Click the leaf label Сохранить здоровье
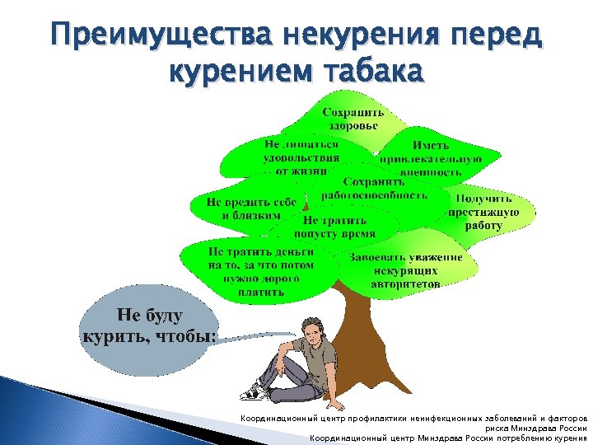click(350, 119)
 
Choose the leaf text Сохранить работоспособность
click(374, 188)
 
